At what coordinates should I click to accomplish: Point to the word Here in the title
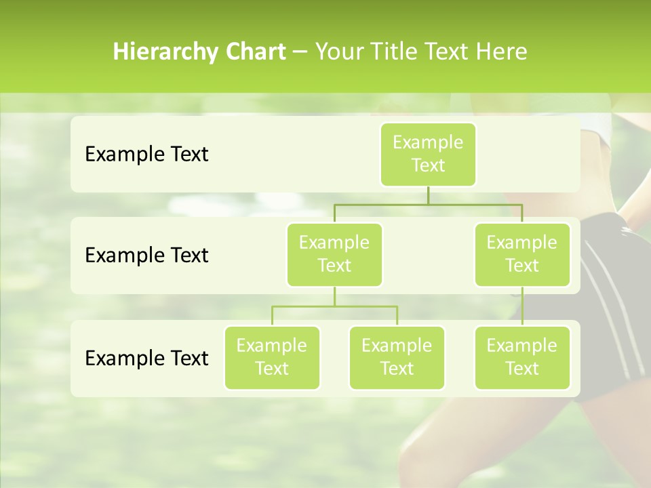[502, 52]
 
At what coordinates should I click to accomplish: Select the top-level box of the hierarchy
[428, 154]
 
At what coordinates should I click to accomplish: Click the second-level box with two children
[334, 254]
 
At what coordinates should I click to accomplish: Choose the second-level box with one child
[522, 254]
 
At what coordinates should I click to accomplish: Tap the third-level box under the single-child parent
[522, 357]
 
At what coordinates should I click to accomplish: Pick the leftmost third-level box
[272, 357]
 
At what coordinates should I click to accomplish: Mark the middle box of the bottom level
[397, 357]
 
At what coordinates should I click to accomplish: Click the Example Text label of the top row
[146, 155]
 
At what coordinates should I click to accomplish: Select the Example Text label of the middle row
[146, 256]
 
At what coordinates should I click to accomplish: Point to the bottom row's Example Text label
[146, 358]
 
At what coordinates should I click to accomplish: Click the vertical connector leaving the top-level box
[428, 195]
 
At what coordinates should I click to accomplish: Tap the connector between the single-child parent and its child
[522, 306]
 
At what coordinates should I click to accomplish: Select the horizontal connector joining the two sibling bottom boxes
[334, 306]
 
